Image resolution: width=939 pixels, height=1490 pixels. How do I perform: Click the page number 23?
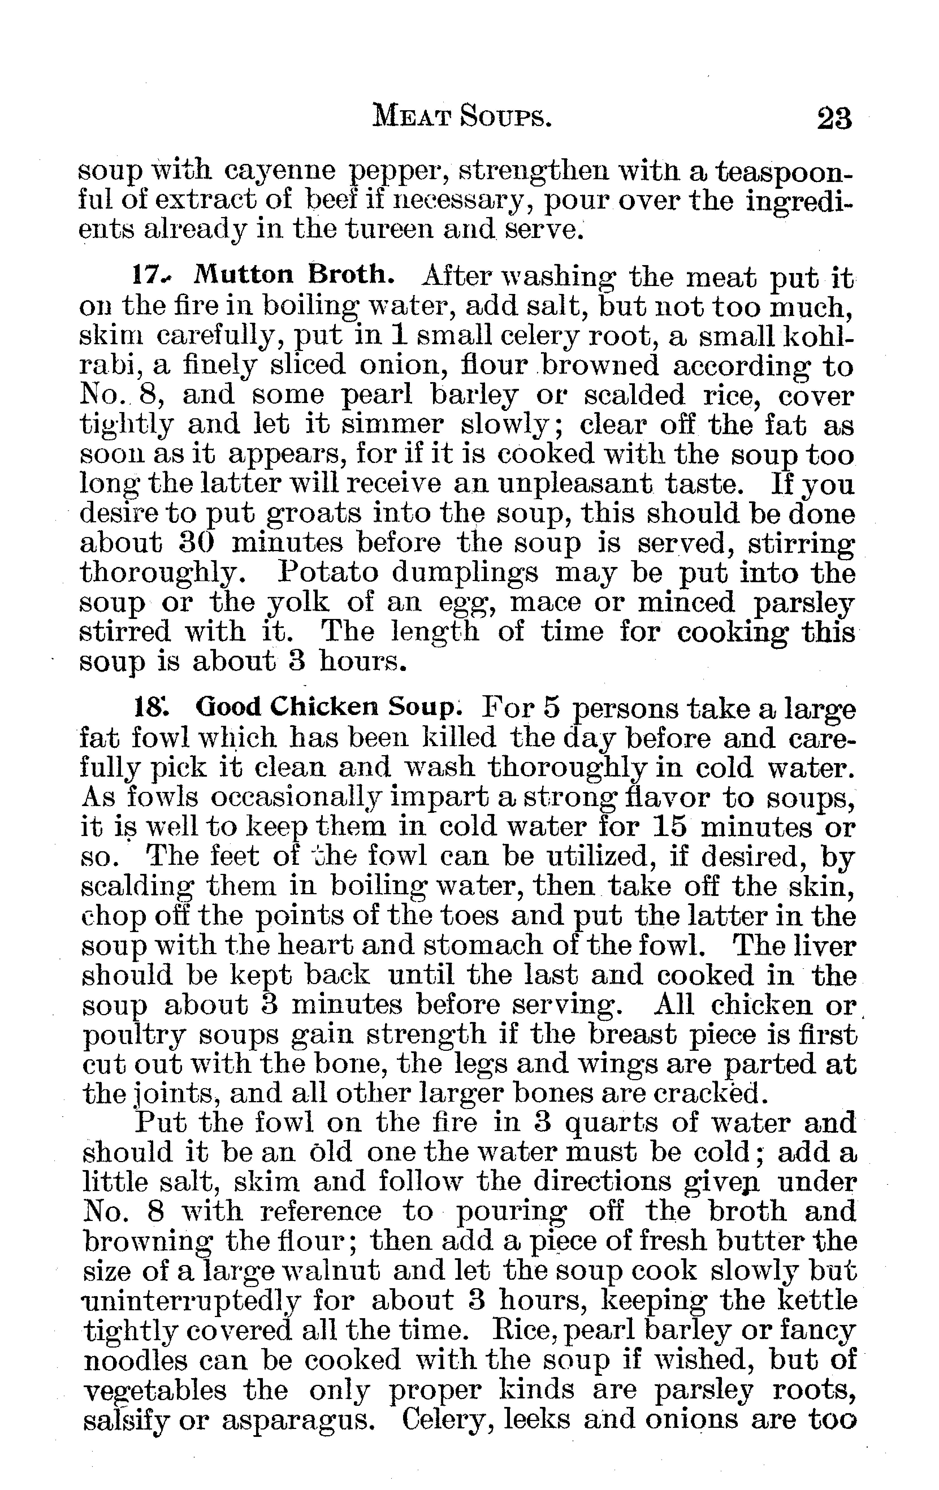tap(834, 118)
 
